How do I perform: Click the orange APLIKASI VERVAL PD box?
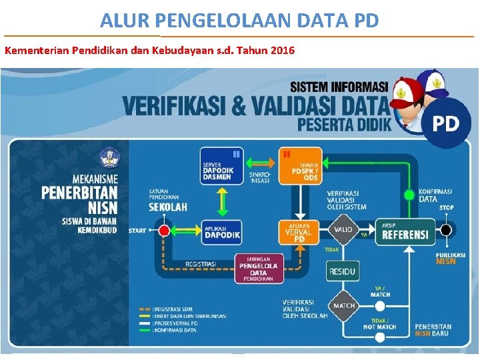pyautogui.click(x=298, y=231)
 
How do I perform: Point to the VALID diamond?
pyautogui.click(x=344, y=229)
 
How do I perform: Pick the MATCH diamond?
pyautogui.click(x=344, y=305)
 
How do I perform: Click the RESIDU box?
pyautogui.click(x=343, y=271)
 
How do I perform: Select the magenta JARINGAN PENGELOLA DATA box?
pyautogui.click(x=258, y=268)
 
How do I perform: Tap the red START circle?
pyautogui.click(x=164, y=231)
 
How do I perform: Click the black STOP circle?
pyautogui.click(x=446, y=231)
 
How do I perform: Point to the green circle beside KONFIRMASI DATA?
pyautogui.click(x=409, y=195)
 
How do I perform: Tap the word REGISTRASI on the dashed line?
pyautogui.click(x=201, y=264)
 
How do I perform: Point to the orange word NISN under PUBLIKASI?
pyautogui.click(x=445, y=262)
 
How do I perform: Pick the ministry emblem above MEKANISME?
pyautogui.click(x=108, y=159)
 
